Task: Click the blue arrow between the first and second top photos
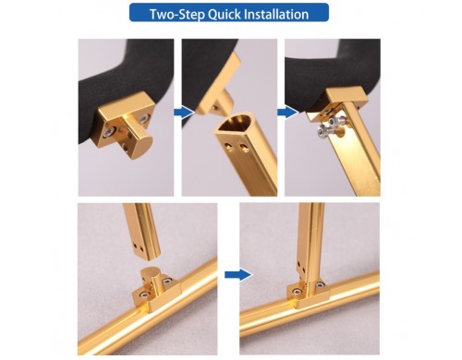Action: pyautogui.click(x=184, y=113)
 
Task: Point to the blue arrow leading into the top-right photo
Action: pyautogui.click(x=287, y=113)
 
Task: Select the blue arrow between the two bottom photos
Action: pyautogui.click(x=238, y=274)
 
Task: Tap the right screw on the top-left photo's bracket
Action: pyautogui.click(x=144, y=118)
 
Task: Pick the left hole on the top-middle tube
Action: pyautogui.click(x=229, y=145)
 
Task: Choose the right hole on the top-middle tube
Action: pyautogui.click(x=245, y=146)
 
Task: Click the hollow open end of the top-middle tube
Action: pyautogui.click(x=237, y=124)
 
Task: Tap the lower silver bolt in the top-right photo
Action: pyautogui.click(x=322, y=132)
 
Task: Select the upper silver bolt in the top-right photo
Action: pyautogui.click(x=333, y=122)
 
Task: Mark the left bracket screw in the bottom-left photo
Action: pyautogui.click(x=144, y=294)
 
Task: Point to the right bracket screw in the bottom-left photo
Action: pyautogui.click(x=167, y=281)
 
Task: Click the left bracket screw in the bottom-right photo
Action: pyautogui.click(x=296, y=291)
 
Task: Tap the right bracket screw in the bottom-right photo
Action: pyautogui.click(x=320, y=284)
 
